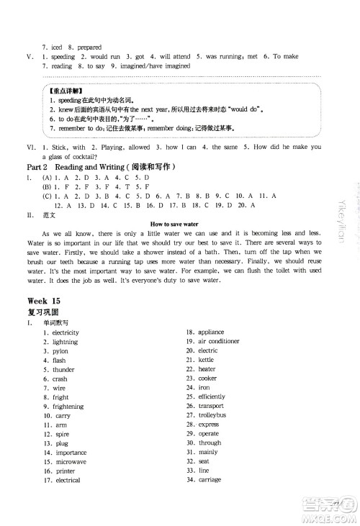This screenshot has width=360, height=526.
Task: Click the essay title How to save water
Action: tap(179, 225)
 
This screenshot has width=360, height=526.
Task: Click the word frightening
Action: tap(66, 407)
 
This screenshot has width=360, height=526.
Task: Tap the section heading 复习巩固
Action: tap(42, 313)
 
